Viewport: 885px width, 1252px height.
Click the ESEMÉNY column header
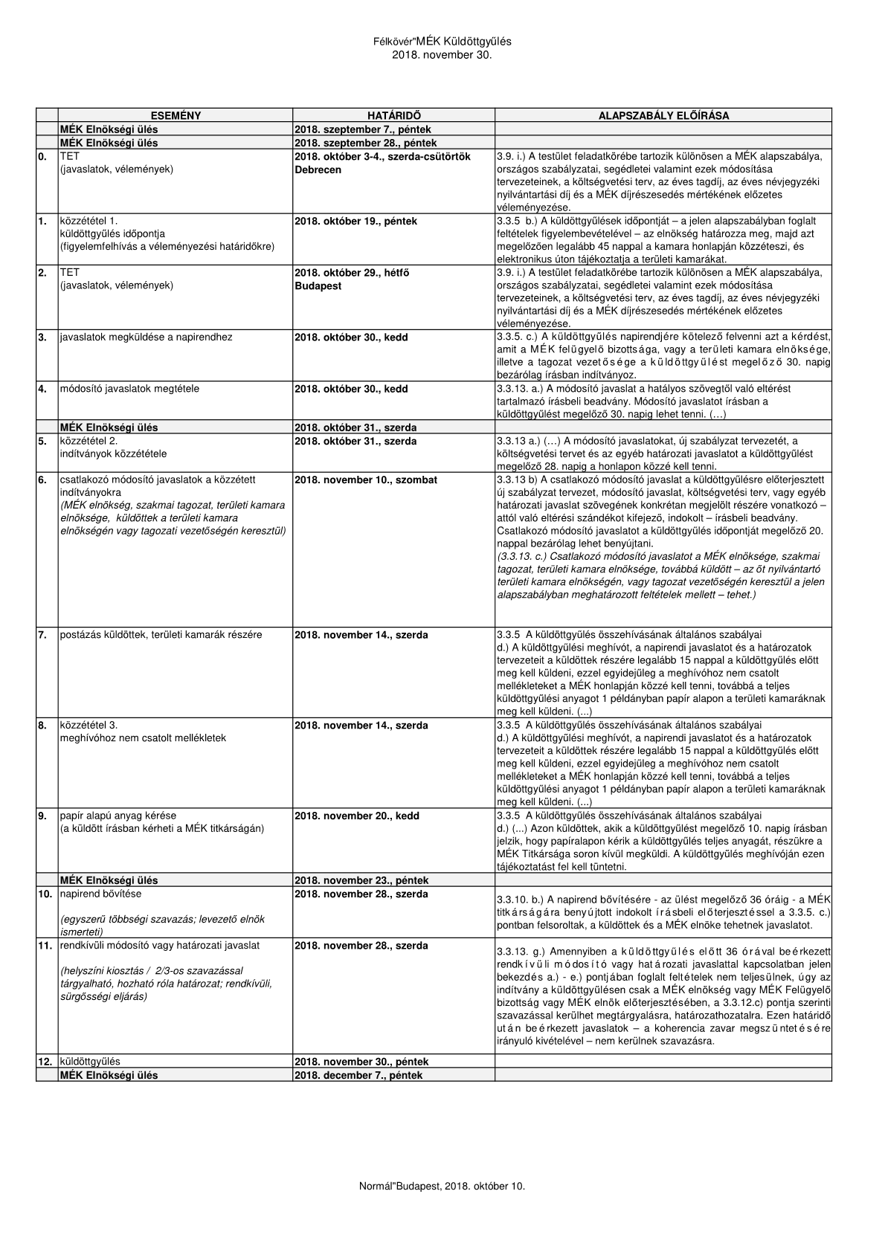[176, 116]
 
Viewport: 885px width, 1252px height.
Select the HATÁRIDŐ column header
[393, 116]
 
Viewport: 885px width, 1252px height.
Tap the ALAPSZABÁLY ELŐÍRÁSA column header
[663, 116]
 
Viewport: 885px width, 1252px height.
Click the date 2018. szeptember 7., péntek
[362, 129]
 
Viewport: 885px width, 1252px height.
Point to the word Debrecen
[318, 170]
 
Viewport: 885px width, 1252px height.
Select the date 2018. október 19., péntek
[355, 221]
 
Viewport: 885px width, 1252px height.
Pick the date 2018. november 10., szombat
[367, 480]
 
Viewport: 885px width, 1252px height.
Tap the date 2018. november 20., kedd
[357, 816]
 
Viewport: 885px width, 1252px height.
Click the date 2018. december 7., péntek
[358, 1075]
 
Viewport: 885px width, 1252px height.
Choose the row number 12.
[45, 1062]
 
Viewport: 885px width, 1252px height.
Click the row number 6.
[42, 480]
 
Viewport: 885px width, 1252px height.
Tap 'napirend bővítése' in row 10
[100, 894]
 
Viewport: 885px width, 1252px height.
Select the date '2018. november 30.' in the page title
[442, 54]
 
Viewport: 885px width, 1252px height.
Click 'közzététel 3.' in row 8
[88, 725]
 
